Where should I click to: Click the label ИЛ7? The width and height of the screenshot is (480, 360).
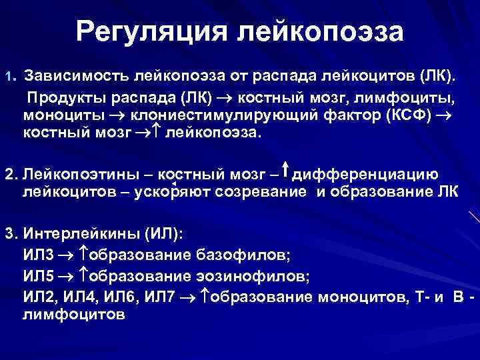pyautogui.click(x=160, y=297)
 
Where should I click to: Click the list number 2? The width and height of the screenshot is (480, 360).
pyautogui.click(x=10, y=175)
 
